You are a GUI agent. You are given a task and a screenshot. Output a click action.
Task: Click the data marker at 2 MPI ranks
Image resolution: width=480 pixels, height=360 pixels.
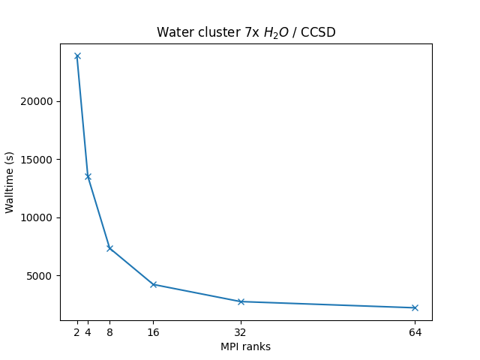point(77,56)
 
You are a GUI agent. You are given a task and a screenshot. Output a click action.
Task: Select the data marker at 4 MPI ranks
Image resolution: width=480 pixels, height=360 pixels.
point(88,176)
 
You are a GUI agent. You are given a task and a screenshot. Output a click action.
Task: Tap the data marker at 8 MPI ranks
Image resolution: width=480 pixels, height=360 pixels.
point(109,248)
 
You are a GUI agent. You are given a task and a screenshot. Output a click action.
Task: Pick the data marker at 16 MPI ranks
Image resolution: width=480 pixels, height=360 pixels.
point(153,284)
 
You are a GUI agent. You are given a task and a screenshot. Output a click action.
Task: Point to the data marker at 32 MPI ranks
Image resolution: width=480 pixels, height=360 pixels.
point(241,301)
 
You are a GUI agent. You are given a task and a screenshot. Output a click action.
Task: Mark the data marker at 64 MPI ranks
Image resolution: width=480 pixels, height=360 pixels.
point(415,307)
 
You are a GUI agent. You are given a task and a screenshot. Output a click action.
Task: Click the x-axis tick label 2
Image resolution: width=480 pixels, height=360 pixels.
point(77,332)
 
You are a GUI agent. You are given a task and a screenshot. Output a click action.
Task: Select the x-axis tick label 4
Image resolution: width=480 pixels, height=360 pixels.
point(88,332)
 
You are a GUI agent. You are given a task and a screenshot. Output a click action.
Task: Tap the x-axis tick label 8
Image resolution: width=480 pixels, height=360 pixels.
point(109,332)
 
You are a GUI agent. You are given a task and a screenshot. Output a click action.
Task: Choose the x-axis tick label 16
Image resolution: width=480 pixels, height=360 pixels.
point(153,332)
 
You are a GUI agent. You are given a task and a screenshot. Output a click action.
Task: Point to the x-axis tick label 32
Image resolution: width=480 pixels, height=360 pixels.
point(241,332)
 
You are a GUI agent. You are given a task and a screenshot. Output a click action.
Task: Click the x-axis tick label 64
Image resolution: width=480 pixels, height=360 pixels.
point(415,332)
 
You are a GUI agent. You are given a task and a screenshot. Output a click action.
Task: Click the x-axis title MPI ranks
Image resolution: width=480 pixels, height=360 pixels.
point(245,347)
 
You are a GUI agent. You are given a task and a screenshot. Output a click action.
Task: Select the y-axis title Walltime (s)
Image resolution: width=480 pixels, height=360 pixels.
point(10,182)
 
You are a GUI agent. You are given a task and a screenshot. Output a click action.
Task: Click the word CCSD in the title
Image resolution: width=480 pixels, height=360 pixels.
point(319,32)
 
